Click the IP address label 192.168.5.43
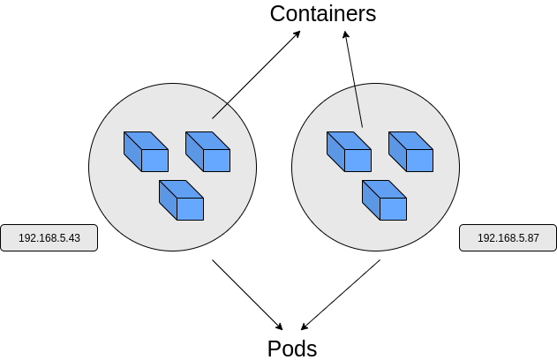(x=49, y=238)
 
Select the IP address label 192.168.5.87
(x=508, y=238)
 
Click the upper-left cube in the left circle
(x=146, y=152)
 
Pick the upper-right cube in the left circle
(x=207, y=152)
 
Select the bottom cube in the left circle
(x=181, y=200)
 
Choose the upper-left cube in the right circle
(x=349, y=152)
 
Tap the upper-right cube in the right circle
(x=410, y=152)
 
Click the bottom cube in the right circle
(x=384, y=200)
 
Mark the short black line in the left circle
(x=220, y=111)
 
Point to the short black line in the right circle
(x=358, y=107)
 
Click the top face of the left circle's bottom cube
(x=181, y=189)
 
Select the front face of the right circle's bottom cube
(x=393, y=209)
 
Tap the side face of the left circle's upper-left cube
(x=132, y=152)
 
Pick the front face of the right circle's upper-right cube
(x=419, y=161)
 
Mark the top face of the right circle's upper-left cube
(x=349, y=140)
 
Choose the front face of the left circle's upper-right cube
(x=216, y=161)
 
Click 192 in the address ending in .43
(x=26, y=238)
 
